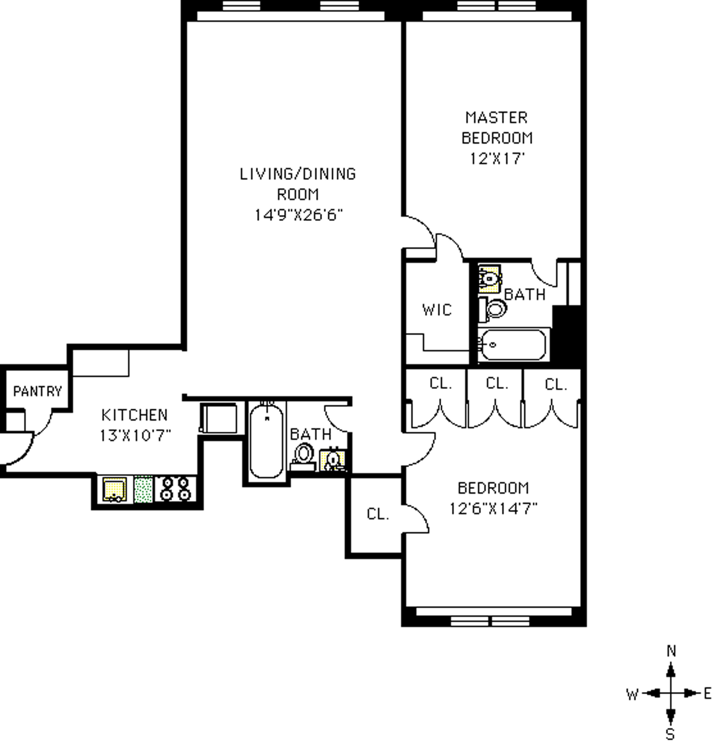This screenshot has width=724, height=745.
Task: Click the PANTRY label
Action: (37, 391)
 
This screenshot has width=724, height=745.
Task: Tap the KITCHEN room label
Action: (135, 415)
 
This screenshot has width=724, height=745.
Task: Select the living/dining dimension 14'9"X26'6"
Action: (298, 215)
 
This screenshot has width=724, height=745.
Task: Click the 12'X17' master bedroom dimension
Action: (497, 158)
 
